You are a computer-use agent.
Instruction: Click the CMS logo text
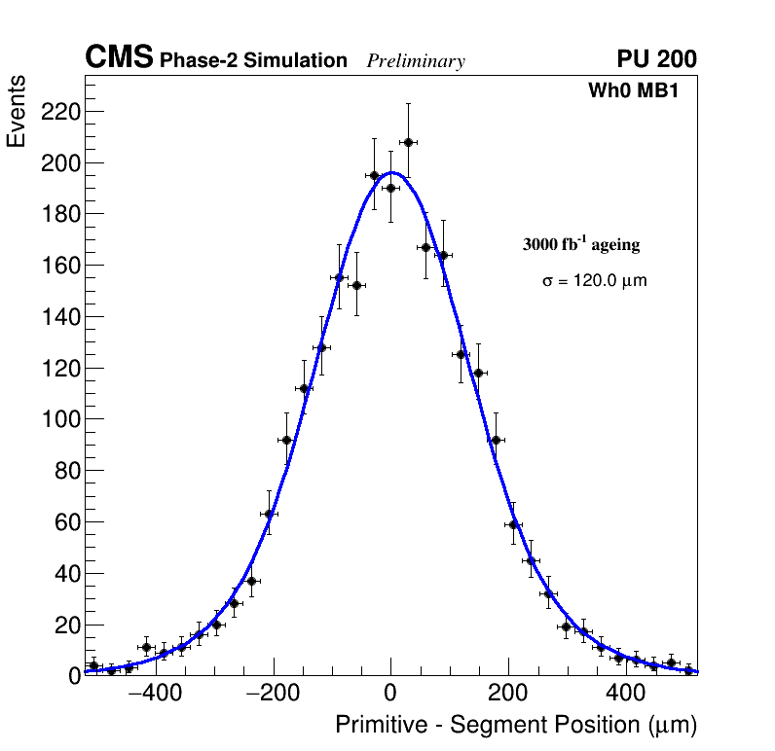tap(119, 58)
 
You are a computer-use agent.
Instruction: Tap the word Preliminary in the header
tap(416, 61)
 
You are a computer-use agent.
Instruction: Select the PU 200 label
tap(656, 59)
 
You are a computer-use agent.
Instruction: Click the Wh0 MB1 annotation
tap(633, 90)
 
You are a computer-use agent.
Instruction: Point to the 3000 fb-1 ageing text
tap(581, 245)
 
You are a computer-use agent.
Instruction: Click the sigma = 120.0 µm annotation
tap(594, 281)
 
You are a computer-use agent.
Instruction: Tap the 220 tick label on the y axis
tap(59, 112)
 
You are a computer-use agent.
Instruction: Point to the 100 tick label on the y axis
tap(59, 419)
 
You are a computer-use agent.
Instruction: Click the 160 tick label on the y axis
tap(59, 266)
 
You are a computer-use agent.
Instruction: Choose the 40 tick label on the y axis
tap(65, 573)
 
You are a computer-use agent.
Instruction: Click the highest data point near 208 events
tap(408, 142)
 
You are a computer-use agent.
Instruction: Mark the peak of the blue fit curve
tap(391, 172)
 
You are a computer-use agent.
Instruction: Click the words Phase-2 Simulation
tap(253, 61)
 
